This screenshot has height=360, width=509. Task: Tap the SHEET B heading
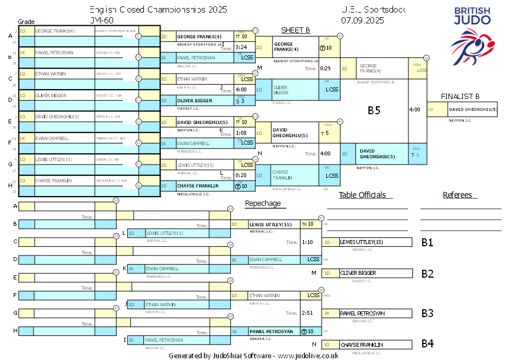point(295,30)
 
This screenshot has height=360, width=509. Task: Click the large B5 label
point(374,110)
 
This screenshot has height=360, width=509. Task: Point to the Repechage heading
point(263,203)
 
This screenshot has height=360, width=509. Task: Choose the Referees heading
point(458,195)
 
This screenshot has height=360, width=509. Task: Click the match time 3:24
point(241,47)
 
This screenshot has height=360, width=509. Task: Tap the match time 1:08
point(241,133)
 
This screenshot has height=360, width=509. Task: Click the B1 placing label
point(427,242)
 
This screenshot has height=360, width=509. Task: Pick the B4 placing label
point(427,344)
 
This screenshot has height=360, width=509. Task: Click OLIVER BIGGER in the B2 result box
point(358,273)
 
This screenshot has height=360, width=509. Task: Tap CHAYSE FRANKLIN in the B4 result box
point(362,345)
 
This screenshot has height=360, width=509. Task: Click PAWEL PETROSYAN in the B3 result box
point(363,313)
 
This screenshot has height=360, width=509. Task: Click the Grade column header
point(26,21)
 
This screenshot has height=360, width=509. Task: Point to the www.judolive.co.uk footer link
point(308,355)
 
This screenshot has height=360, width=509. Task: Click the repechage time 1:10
point(307,242)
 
